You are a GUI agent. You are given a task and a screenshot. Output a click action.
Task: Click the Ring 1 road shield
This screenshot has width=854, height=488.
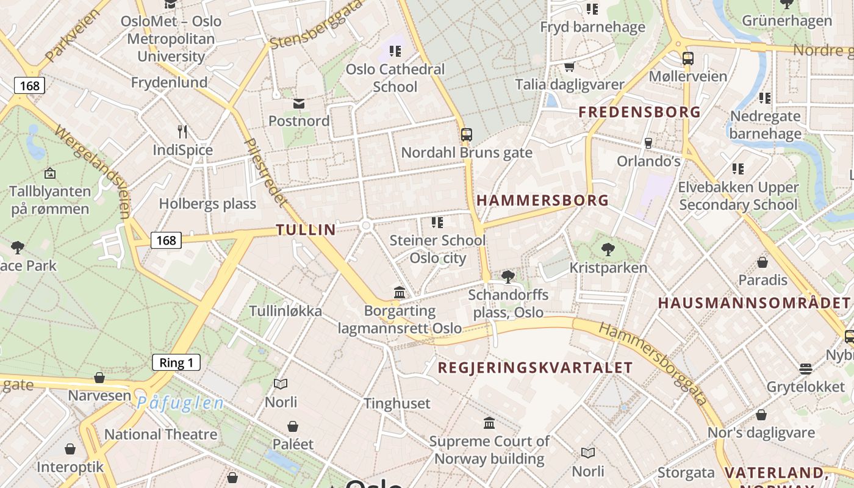click(176, 363)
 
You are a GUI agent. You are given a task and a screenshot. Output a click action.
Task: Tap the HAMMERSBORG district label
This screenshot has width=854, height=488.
click(542, 200)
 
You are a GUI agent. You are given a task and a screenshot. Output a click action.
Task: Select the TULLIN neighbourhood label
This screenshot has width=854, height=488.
click(306, 230)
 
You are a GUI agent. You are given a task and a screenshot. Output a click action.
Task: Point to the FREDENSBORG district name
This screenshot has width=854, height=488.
click(639, 112)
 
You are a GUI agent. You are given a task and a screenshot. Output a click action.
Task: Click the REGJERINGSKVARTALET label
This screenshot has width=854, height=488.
click(535, 368)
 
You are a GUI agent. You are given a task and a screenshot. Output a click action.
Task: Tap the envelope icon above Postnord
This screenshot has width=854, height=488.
click(299, 104)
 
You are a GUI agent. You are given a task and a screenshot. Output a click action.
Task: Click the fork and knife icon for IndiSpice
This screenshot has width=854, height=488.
click(182, 131)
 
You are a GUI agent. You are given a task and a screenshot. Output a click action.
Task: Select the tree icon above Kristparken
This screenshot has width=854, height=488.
click(608, 249)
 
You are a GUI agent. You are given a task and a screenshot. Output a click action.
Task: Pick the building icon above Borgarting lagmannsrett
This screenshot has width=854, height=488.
click(400, 292)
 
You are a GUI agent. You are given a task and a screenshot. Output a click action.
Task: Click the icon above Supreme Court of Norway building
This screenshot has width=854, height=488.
click(489, 423)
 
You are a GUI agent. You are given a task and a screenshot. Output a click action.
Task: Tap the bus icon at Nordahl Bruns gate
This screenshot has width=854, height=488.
click(467, 134)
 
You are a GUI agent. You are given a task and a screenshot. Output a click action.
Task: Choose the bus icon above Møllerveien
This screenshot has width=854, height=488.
click(687, 59)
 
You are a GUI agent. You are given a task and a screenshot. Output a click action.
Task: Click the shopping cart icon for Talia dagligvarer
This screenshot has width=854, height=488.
click(569, 66)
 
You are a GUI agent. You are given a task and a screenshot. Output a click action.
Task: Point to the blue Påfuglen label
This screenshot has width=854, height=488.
click(180, 403)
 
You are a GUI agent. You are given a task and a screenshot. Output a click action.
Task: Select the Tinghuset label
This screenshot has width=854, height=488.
click(396, 403)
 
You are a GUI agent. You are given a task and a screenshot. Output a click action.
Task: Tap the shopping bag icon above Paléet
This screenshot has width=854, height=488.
click(293, 426)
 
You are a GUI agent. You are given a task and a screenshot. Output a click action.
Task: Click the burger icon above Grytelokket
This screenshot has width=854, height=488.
click(806, 368)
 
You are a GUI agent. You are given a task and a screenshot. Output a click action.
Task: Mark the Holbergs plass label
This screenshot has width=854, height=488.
click(207, 204)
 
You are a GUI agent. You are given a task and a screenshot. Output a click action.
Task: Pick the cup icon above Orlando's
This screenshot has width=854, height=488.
click(648, 143)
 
